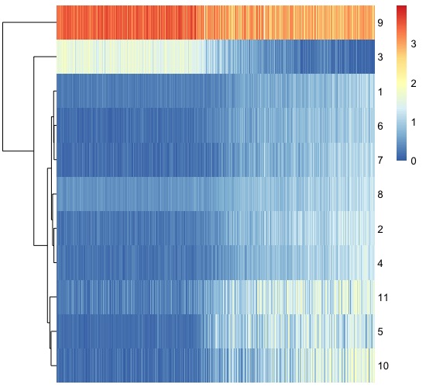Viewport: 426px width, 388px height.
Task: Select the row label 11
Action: (383, 297)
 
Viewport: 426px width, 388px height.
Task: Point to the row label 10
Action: (383, 365)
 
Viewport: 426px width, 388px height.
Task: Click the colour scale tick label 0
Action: (414, 161)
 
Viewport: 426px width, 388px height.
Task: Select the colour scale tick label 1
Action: (414, 123)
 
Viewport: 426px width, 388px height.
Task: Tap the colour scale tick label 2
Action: (414, 85)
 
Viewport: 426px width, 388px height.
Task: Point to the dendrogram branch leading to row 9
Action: (29, 23)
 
